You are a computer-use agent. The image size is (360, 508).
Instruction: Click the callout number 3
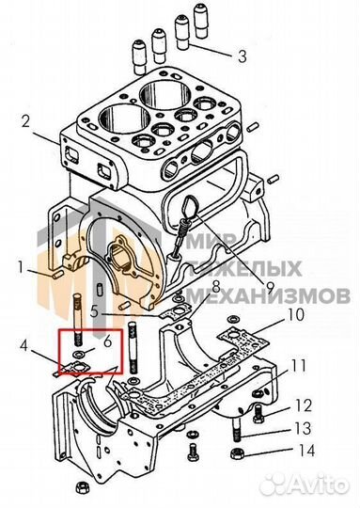tap(243, 56)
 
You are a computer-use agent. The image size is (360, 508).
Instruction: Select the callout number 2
tap(26, 121)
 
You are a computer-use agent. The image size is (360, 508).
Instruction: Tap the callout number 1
tap(21, 268)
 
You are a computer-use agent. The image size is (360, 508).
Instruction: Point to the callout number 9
tap(269, 286)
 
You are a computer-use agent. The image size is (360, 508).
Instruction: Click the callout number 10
tap(295, 314)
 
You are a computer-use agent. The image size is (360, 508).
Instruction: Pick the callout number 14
tap(305, 451)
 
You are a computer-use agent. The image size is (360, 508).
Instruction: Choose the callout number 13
tap(303, 428)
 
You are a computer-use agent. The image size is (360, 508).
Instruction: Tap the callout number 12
tap(303, 405)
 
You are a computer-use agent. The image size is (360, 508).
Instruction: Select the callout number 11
tap(298, 366)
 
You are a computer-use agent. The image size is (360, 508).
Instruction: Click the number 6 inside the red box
tap(107, 341)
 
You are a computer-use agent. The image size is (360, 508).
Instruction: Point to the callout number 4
tap(23, 346)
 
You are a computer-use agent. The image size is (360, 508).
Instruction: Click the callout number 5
tap(94, 312)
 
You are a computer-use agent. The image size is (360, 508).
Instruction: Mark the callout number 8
tap(216, 287)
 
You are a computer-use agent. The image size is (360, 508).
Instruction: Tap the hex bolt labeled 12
tap(258, 414)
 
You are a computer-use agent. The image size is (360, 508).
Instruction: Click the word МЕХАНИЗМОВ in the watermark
tap(269, 295)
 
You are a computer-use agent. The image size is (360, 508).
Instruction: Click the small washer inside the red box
tap(79, 353)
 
